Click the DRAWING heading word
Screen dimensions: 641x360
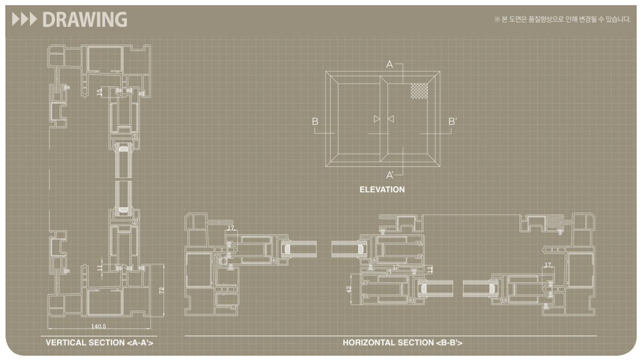85,20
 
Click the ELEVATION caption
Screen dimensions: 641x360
382,189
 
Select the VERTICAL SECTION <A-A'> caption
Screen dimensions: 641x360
100,342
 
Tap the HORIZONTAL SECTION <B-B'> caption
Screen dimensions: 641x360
402,342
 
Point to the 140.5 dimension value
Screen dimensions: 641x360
98,326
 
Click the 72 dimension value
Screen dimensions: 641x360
161,290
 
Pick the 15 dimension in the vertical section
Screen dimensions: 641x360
100,92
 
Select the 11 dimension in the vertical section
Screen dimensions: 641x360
100,268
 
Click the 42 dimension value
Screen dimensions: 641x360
349,289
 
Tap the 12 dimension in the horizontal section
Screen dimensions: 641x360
430,269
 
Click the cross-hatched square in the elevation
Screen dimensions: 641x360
419,91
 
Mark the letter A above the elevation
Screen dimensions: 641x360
389,64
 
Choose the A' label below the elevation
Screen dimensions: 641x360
390,175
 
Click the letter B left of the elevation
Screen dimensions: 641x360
315,122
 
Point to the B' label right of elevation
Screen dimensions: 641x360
452,122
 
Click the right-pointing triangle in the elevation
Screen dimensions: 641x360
377,119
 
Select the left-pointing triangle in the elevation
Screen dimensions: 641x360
390,119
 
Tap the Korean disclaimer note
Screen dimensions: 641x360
562,20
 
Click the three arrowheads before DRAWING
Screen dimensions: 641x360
25,20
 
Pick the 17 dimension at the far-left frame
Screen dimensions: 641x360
231,228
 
